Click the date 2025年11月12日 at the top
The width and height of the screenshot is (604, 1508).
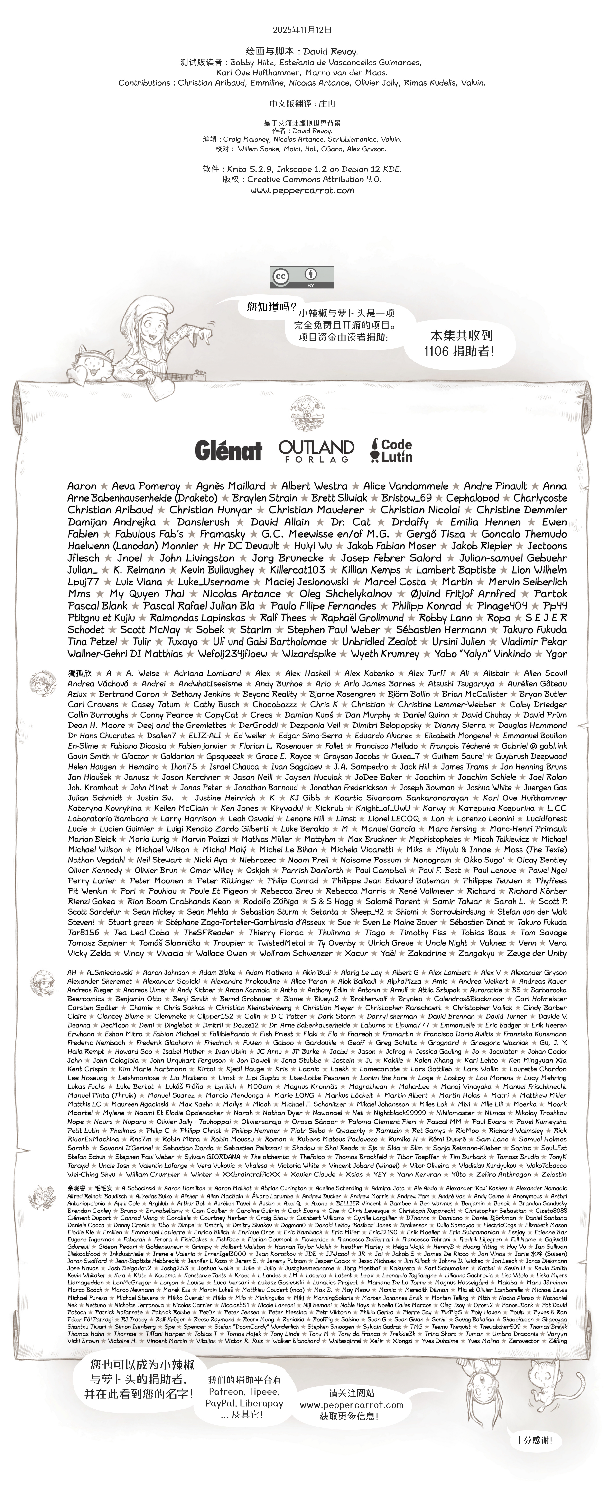point(302,29)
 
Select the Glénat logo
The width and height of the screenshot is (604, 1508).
point(228,451)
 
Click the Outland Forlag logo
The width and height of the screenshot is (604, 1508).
point(316,451)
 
